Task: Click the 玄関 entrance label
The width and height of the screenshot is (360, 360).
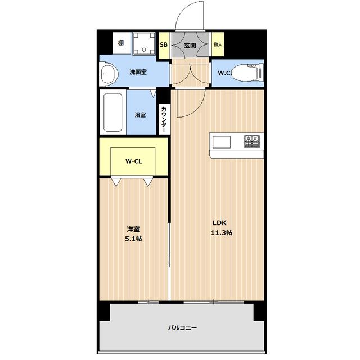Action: point(190,46)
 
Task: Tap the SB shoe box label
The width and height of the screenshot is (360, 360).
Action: point(164,45)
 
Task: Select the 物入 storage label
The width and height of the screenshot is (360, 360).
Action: point(218,44)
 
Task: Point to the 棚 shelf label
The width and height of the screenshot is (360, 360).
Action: point(121,43)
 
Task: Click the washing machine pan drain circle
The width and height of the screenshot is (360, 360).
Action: point(144,49)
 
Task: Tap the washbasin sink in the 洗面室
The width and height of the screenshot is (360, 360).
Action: point(109,74)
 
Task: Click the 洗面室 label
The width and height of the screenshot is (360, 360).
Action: point(138,72)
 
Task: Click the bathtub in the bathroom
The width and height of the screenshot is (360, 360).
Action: point(112,112)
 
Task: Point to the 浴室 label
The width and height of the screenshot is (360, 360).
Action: point(140,115)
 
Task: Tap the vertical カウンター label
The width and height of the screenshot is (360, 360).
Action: point(164,119)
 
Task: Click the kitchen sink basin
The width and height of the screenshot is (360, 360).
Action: point(222,142)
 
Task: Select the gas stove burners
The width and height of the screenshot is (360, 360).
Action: point(252,141)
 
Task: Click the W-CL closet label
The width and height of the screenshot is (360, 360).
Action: point(134,161)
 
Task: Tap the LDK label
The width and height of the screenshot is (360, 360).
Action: point(219,223)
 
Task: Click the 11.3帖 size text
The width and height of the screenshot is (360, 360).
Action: point(222,232)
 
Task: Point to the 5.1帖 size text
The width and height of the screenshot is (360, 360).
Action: point(133,238)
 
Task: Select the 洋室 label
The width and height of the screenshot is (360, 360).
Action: point(133,229)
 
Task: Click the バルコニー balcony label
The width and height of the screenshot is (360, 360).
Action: point(182,327)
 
